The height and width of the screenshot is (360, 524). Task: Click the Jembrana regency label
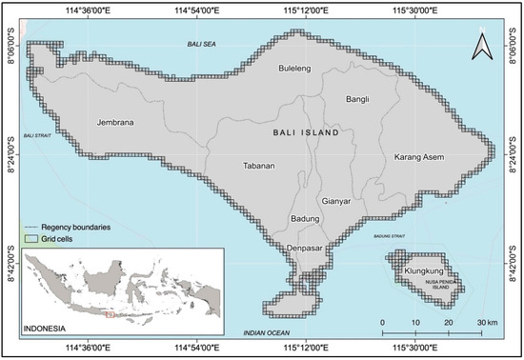click(x=112, y=123)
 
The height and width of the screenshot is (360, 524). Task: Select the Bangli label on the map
click(x=357, y=98)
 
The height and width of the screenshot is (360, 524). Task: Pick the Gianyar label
click(x=336, y=201)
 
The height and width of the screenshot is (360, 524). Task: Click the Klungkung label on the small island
click(x=424, y=270)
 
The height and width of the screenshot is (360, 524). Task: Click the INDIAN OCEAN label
click(x=266, y=331)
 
